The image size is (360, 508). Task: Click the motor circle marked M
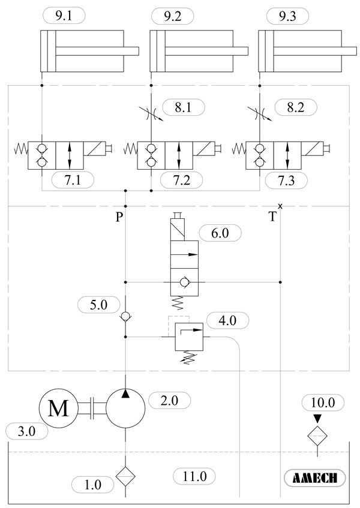click(x=58, y=409)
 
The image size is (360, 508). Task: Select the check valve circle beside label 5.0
click(x=125, y=317)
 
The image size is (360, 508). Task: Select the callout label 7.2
click(x=181, y=179)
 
